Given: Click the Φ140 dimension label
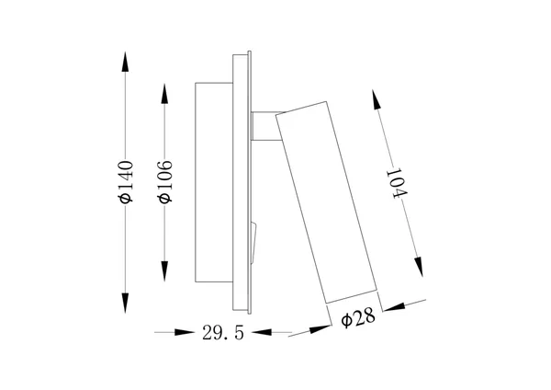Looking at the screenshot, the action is point(126,182).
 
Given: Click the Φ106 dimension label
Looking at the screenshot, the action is point(165,182).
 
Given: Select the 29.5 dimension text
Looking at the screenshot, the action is point(223,333).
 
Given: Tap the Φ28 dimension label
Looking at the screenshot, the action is point(358,319).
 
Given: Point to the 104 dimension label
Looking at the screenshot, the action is point(397,184).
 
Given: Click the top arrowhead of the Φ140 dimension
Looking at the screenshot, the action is point(125,62).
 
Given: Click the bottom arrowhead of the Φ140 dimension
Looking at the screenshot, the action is point(125,303).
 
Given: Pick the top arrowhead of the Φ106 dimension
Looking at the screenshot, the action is point(164,94).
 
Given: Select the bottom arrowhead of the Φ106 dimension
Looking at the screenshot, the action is point(164,271).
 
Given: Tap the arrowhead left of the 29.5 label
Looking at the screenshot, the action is point(185,332).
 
